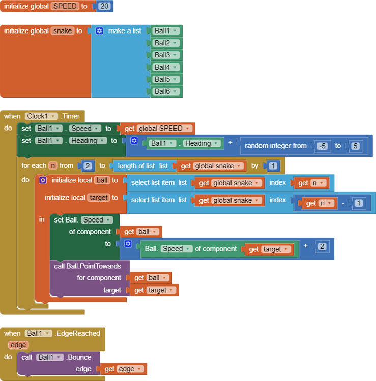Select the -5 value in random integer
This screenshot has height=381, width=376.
click(x=322, y=146)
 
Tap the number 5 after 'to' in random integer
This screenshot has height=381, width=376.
click(x=355, y=146)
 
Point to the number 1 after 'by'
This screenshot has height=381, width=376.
click(x=273, y=166)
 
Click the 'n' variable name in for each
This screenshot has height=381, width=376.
click(x=52, y=166)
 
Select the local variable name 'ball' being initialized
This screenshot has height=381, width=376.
click(x=102, y=180)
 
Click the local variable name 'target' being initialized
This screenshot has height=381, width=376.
click(x=98, y=198)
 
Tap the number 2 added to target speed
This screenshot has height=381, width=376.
click(x=322, y=246)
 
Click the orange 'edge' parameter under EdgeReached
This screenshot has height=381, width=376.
click(x=18, y=345)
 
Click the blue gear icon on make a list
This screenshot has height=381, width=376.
click(x=99, y=31)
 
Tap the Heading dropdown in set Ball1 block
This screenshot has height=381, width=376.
click(x=88, y=141)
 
